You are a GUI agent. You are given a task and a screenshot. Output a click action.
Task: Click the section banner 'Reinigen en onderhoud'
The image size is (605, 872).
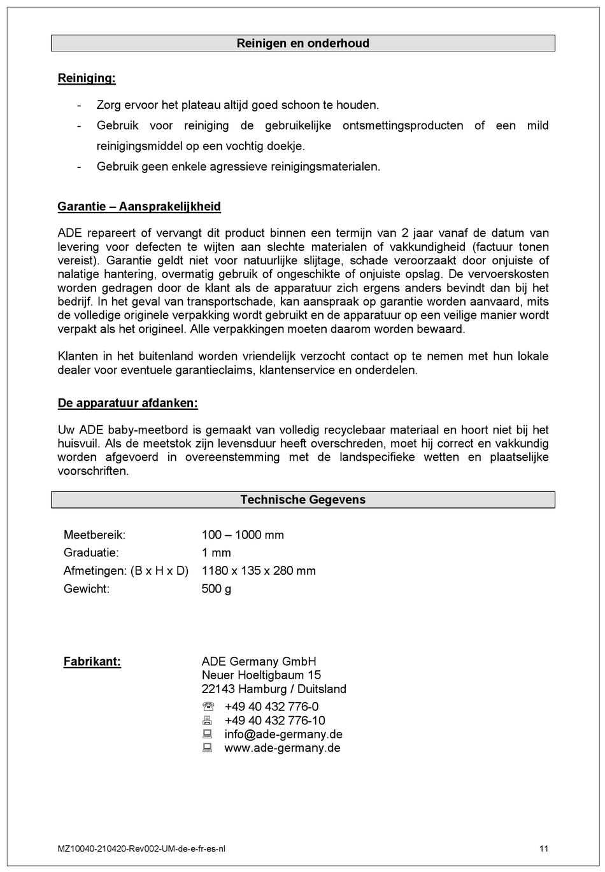tap(302, 43)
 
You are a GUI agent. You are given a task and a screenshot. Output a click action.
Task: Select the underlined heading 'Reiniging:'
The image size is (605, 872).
tap(87, 78)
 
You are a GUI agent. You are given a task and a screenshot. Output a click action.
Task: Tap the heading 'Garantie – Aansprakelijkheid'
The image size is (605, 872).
tap(139, 206)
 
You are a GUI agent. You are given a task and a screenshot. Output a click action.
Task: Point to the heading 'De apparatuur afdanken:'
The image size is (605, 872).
tap(127, 403)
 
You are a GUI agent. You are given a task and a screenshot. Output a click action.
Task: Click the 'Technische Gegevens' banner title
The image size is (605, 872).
tap(302, 500)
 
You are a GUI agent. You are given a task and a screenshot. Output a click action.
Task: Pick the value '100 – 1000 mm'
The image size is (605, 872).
tap(243, 535)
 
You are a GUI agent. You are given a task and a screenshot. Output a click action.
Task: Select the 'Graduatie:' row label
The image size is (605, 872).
tap(91, 552)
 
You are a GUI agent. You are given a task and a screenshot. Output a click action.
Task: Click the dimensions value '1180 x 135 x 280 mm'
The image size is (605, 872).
tap(259, 570)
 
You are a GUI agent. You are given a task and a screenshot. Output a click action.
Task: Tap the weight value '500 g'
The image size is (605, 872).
tap(217, 589)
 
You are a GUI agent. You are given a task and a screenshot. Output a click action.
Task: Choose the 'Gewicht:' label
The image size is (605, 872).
tap(87, 589)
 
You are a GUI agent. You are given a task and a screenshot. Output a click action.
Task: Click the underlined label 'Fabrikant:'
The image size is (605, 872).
tap(92, 661)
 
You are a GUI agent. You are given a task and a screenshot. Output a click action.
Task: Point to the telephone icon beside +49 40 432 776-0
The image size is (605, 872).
tap(208, 707)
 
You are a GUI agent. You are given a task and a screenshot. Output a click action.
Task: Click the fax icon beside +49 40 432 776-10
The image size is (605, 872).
tap(208, 721)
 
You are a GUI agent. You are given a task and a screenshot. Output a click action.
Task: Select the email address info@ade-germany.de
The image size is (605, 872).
tap(283, 734)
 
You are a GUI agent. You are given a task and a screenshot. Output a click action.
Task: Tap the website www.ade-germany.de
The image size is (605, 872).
tap(282, 748)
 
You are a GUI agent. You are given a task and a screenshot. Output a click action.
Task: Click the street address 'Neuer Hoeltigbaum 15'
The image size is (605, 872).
tap(261, 675)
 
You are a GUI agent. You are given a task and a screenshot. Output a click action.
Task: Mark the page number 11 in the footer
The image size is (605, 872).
tap(543, 848)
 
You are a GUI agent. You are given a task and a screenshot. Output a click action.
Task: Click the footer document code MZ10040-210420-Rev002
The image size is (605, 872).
tap(141, 848)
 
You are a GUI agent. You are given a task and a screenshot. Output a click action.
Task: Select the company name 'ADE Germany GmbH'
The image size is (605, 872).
tap(259, 661)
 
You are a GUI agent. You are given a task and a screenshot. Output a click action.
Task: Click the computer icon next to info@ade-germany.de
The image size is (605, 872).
tap(208, 734)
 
